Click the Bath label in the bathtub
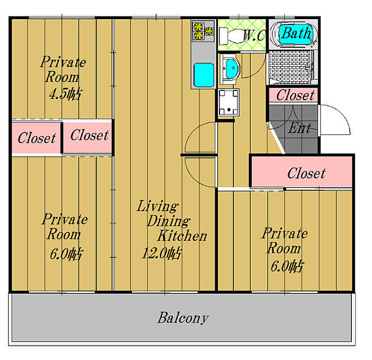pyautogui.click(x=295, y=34)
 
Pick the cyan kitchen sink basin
pyautogui.click(x=204, y=76)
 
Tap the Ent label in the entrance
pyautogui.click(x=299, y=128)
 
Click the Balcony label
pyautogui.click(x=183, y=319)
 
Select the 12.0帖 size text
pyautogui.click(x=160, y=253)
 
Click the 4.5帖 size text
pyautogui.click(x=65, y=95)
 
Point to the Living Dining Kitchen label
pyautogui.click(x=170, y=221)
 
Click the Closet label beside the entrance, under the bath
pyautogui.click(x=295, y=95)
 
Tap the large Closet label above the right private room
pyautogui.click(x=306, y=173)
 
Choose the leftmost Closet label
pyautogui.click(x=37, y=138)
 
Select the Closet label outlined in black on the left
pyautogui.click(x=89, y=135)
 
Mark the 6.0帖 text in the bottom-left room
pyautogui.click(x=65, y=254)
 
